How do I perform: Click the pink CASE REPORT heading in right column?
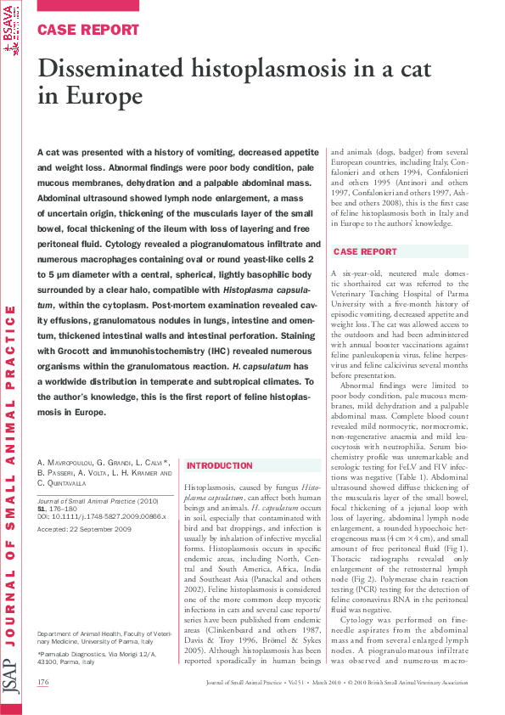pyautogui.click(x=365, y=252)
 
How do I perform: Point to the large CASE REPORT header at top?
pyautogui.click(x=87, y=30)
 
